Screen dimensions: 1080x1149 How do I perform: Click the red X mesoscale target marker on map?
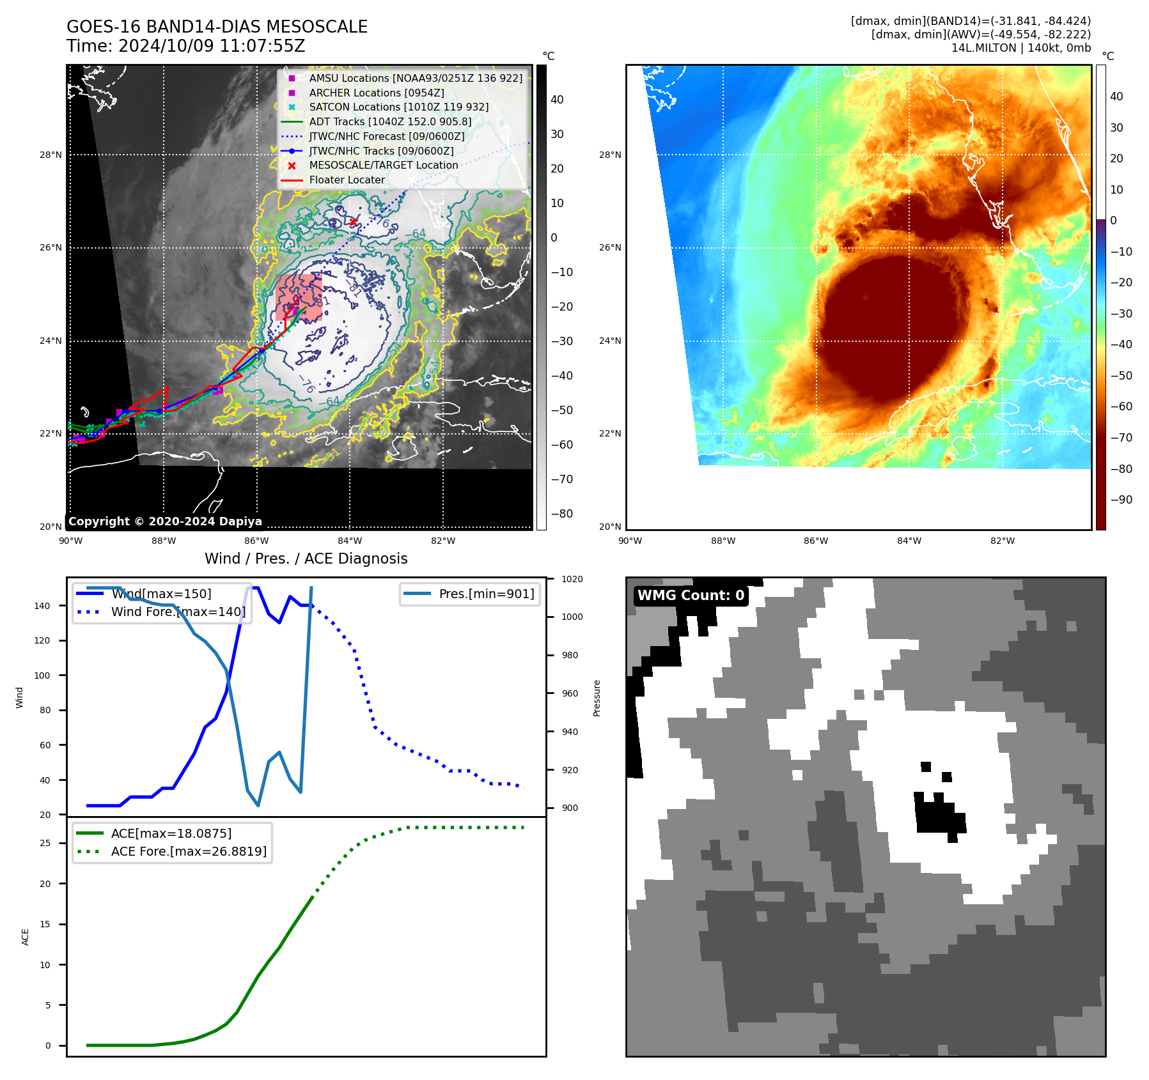coord(353,222)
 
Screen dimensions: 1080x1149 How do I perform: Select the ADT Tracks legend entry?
coord(390,121)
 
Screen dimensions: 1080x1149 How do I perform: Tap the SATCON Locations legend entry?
coord(398,107)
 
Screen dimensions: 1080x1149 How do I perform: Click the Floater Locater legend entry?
coord(347,180)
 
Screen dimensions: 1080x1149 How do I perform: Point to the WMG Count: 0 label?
coord(691,596)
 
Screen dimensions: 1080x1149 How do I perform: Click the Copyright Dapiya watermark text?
coord(165,521)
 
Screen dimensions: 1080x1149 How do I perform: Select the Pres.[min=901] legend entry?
coord(486,594)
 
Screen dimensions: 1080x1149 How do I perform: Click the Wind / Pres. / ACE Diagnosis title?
coord(306,559)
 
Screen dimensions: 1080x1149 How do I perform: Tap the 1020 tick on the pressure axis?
coord(572,579)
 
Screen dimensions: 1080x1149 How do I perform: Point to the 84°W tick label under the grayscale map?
coord(350,541)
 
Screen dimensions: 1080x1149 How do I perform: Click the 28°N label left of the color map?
coord(610,155)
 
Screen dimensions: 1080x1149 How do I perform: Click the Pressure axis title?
coord(597,698)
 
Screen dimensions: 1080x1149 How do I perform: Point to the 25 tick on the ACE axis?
coord(45,843)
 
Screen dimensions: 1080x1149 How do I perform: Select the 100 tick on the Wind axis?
coord(42,675)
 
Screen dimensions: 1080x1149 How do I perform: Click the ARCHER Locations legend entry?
coord(377,93)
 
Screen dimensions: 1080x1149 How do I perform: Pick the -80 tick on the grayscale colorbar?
coord(562,514)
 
